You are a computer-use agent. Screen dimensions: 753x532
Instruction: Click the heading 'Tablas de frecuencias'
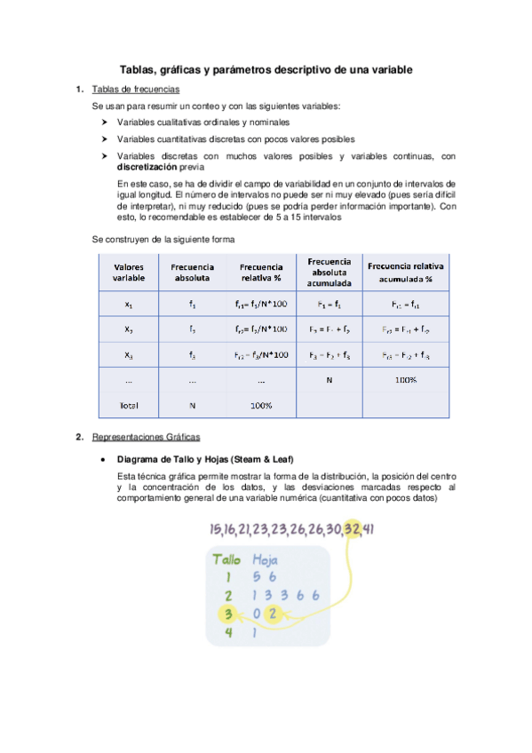point(136,90)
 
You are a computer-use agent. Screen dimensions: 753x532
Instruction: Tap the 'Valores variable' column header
point(129,272)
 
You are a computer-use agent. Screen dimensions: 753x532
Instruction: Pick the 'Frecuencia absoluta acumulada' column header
point(329,272)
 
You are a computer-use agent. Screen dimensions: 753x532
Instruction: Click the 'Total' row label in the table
point(129,405)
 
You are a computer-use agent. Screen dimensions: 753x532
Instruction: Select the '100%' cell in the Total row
point(261,405)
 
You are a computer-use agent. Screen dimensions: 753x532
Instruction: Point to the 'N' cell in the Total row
point(192,405)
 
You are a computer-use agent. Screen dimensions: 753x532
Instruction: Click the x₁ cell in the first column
point(129,304)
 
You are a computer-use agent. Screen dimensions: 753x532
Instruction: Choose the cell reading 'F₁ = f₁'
point(329,304)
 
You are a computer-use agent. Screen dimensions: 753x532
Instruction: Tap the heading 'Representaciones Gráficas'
point(147,437)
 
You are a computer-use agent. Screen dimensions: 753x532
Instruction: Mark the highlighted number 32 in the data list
point(353,529)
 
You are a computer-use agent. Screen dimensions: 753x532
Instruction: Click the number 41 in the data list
point(368,529)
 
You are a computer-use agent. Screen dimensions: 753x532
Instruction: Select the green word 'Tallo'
point(227,560)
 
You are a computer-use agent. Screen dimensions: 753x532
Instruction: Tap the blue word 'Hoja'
point(266,560)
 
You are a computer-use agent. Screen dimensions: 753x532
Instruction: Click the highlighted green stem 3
point(228,614)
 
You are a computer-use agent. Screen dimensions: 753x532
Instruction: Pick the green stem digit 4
point(228,633)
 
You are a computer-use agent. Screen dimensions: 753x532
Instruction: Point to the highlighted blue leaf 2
point(274,614)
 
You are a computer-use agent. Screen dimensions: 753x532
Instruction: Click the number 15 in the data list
point(216,529)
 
